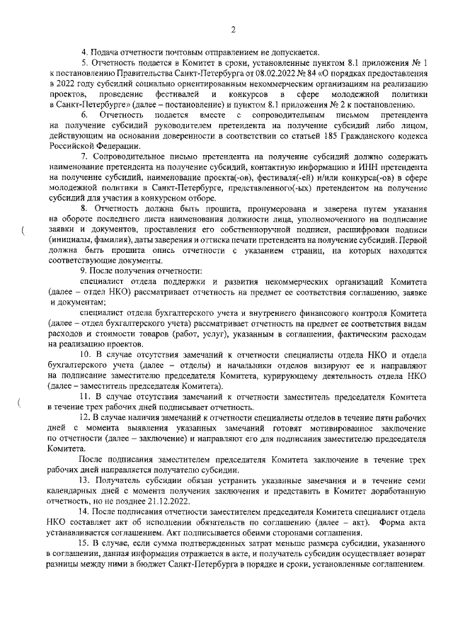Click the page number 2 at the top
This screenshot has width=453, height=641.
[x=232, y=29]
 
